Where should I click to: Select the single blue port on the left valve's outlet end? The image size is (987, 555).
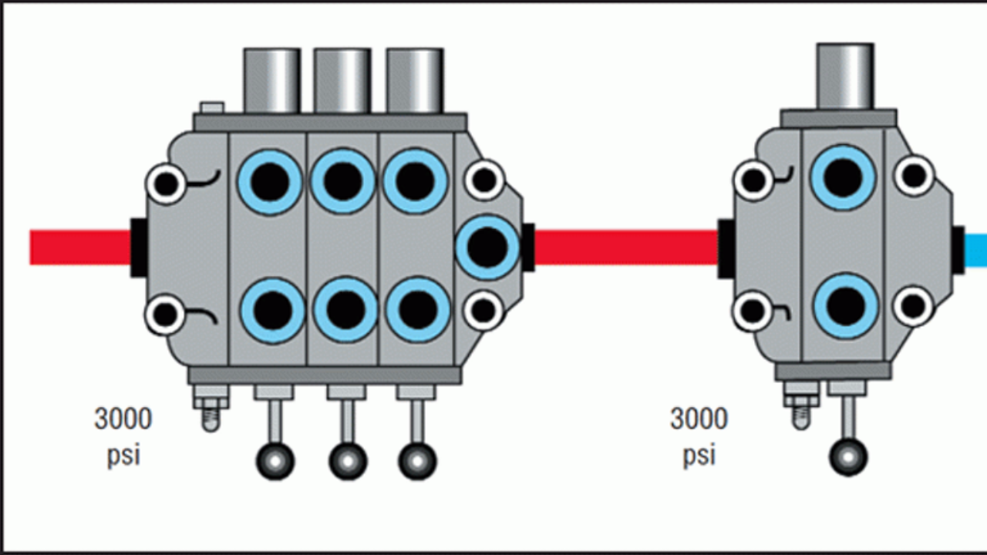coord(487,247)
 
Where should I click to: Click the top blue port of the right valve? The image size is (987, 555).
coord(843,177)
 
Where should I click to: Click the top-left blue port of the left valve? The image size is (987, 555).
coord(270,181)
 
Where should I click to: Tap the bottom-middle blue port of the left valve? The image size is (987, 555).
coord(345,309)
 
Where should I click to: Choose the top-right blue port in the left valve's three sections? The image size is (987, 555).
coord(415,181)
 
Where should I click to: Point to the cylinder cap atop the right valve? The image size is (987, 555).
coord(844,76)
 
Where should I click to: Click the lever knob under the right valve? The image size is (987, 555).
coord(848,457)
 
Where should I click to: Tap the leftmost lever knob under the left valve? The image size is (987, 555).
coord(275,461)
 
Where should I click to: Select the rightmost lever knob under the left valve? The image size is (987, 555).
coord(417,461)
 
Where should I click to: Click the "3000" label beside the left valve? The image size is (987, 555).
coord(123,420)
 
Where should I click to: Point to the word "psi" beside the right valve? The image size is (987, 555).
coord(699,455)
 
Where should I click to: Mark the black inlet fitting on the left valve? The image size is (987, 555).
coord(139,247)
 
